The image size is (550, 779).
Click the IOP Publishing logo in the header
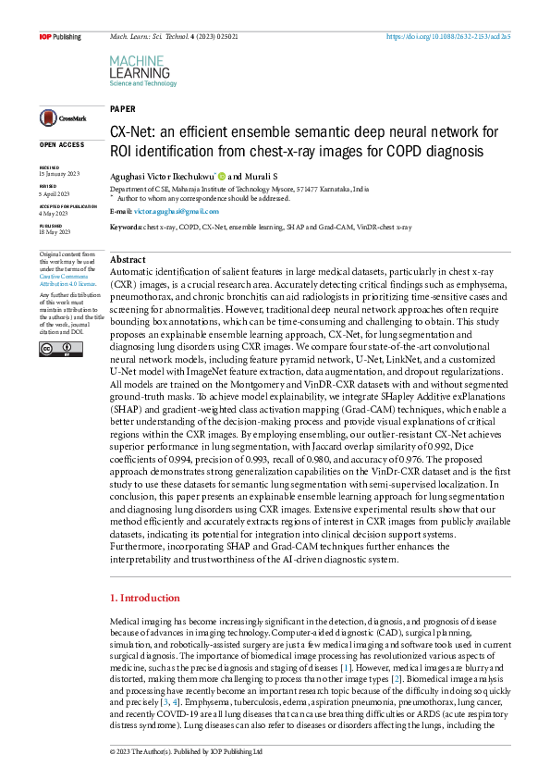pos(59,37)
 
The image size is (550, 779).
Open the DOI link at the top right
pos(460,37)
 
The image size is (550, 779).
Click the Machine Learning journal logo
pos(142,70)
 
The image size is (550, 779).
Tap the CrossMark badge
pos(63,118)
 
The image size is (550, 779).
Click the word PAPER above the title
pos(122,108)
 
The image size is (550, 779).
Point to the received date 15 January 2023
pos(60,173)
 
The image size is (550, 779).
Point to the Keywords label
pos(127,226)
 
